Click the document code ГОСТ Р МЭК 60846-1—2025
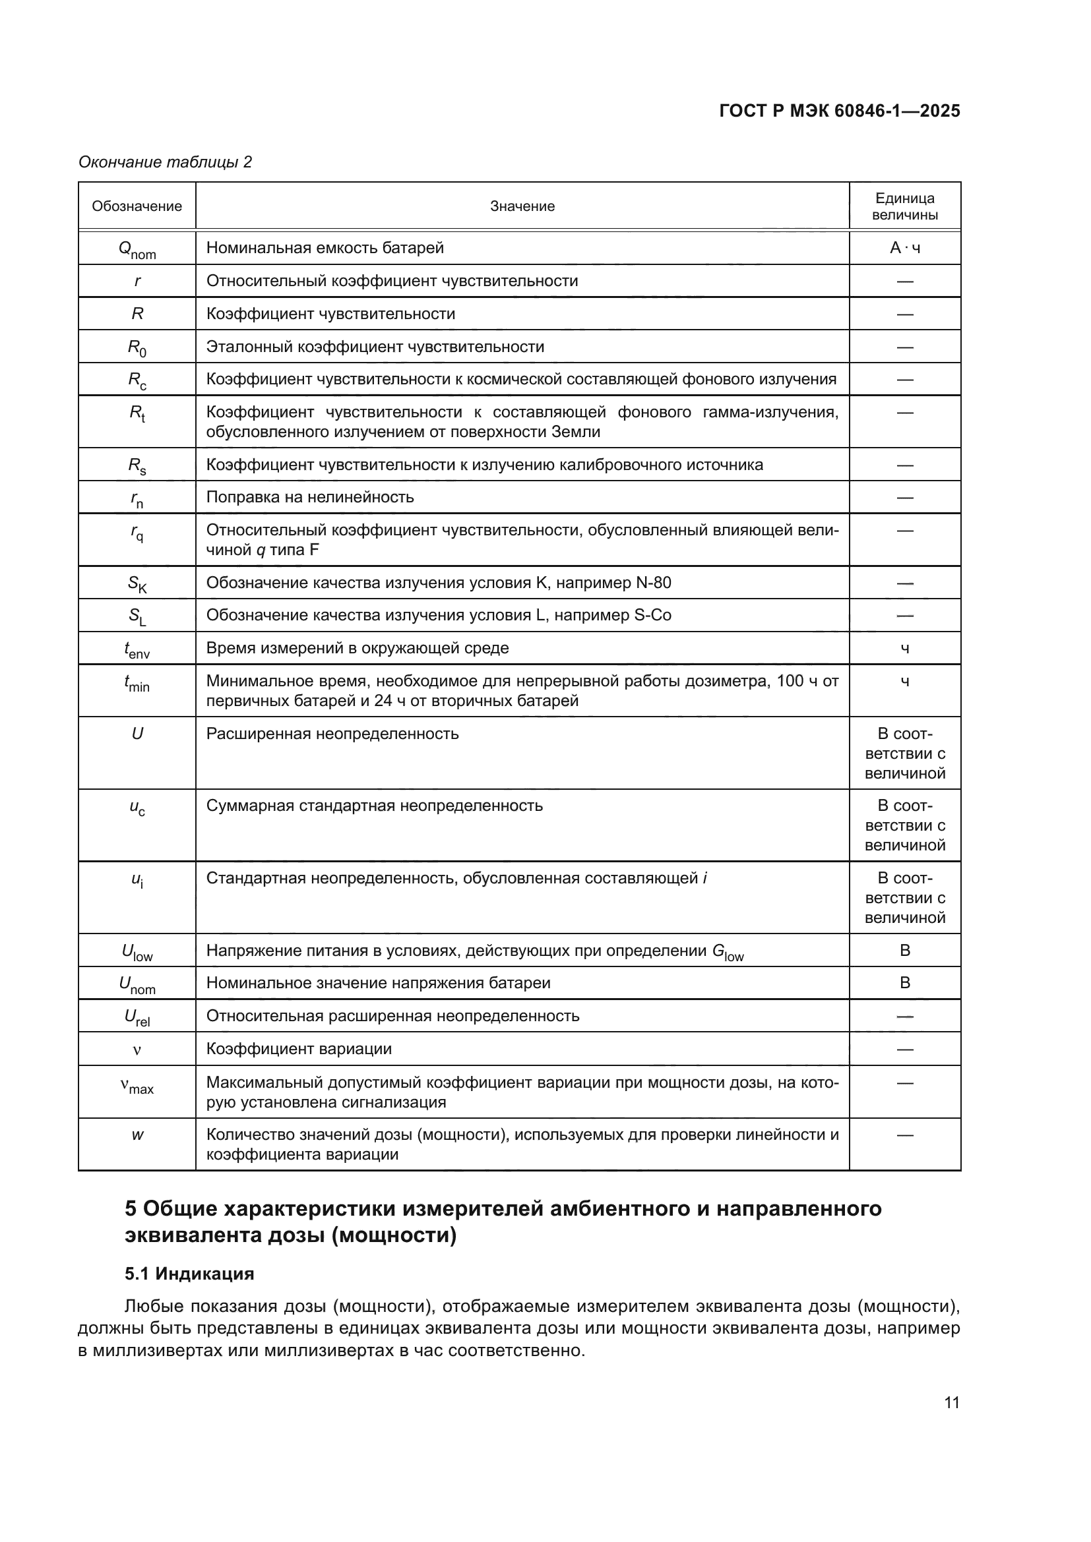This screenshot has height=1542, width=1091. click(x=839, y=111)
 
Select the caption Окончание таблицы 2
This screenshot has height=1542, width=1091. click(x=166, y=162)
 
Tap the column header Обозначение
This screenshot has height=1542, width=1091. click(x=137, y=206)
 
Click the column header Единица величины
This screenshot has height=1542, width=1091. click(x=904, y=206)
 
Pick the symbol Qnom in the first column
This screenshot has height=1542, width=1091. click(x=137, y=249)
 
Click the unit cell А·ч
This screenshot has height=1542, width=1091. click(x=904, y=248)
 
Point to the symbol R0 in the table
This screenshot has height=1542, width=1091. click(x=137, y=347)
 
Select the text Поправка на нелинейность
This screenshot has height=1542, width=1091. click(x=310, y=497)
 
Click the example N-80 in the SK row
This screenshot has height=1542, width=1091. click(x=653, y=582)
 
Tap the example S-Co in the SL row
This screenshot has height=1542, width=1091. click(x=652, y=615)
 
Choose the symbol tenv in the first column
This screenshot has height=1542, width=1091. click(x=137, y=649)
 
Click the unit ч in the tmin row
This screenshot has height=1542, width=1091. click(x=904, y=682)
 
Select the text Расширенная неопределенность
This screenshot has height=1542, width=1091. click(x=332, y=733)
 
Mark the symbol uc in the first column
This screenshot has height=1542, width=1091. click(x=137, y=808)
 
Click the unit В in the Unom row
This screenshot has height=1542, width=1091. click(x=904, y=982)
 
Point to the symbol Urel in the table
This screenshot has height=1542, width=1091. click(x=137, y=1017)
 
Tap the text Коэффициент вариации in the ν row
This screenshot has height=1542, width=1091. click(x=298, y=1048)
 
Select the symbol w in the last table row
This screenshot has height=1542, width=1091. click(x=137, y=1135)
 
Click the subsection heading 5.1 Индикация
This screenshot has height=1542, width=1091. click(x=189, y=1274)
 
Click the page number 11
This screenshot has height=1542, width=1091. click(x=951, y=1402)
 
